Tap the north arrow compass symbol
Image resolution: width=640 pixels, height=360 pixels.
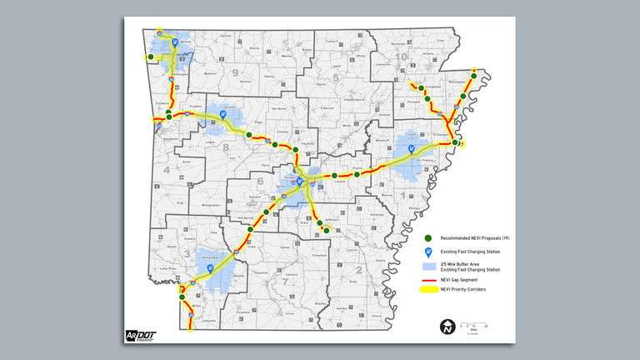447,326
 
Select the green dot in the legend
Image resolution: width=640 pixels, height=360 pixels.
428,238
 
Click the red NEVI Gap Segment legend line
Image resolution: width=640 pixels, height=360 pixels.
428,279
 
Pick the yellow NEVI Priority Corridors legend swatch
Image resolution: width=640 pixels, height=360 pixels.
428,290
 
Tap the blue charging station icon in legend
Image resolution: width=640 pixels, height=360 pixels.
428,252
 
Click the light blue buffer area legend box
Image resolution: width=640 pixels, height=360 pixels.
428,267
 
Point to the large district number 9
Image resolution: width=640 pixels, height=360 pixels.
235,72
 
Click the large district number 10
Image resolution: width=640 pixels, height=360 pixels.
402,56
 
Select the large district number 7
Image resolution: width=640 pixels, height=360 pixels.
285,281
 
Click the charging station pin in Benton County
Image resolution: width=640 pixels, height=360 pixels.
174,42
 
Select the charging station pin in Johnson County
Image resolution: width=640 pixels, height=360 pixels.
222,116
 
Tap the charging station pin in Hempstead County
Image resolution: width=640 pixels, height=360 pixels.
210,268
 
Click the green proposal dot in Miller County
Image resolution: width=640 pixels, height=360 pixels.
181,297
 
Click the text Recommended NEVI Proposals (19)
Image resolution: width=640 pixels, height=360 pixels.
475,238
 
